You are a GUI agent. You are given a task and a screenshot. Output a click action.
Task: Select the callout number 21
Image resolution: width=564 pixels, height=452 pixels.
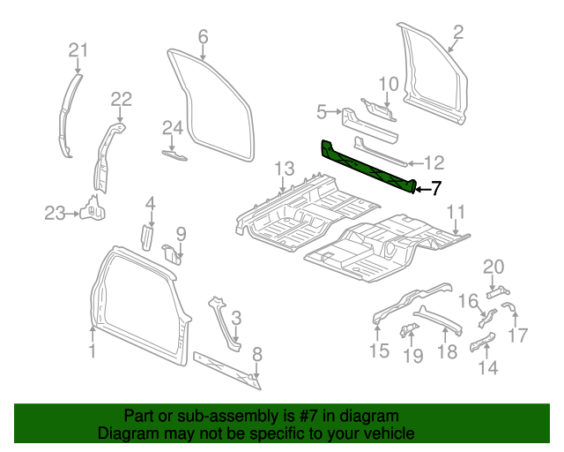tap(78, 50)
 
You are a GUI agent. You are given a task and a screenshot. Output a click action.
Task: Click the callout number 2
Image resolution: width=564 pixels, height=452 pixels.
tap(457, 34)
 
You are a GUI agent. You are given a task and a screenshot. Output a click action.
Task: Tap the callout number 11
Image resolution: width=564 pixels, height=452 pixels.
tap(455, 211)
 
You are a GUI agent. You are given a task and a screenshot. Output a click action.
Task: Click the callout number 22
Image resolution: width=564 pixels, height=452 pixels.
tap(121, 99)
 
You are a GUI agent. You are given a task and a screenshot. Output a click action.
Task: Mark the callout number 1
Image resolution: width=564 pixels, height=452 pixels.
tap(92, 351)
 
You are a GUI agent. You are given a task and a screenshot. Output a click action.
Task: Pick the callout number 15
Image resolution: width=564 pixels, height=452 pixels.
tap(378, 352)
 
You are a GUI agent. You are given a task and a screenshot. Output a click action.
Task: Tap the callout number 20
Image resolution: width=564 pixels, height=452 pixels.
tap(493, 267)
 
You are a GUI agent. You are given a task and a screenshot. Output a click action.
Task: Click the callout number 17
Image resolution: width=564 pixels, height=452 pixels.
tap(518, 335)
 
